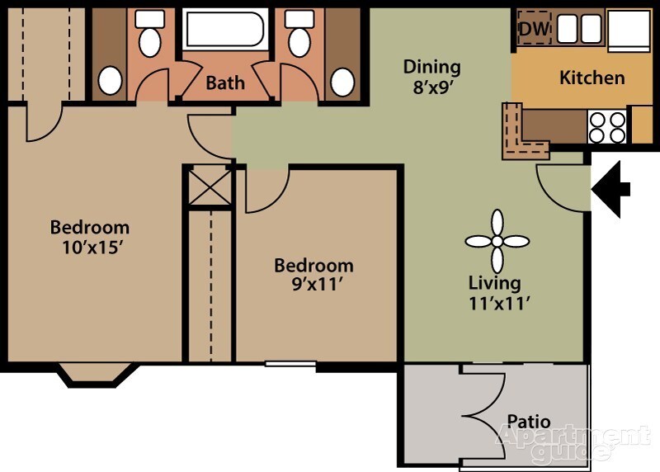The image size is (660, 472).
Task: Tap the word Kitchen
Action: pyautogui.click(x=592, y=78)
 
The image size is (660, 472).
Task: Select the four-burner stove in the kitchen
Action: pyautogui.click(x=606, y=127)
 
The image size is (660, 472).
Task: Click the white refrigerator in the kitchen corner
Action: pyautogui.click(x=632, y=30)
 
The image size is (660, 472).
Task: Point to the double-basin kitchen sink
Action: pyautogui.click(x=580, y=29)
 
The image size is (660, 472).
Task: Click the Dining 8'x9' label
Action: pyautogui.click(x=431, y=75)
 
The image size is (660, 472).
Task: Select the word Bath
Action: pyautogui.click(x=224, y=83)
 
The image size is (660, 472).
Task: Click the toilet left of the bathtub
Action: pyautogui.click(x=149, y=33)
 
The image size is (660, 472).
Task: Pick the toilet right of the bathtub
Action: pyautogui.click(x=298, y=33)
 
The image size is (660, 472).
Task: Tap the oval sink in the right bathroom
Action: pyautogui.click(x=342, y=81)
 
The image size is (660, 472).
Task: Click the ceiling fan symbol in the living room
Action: pyautogui.click(x=497, y=241)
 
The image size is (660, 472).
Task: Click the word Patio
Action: pyautogui.click(x=528, y=422)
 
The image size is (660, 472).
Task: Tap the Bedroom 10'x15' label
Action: pyautogui.click(x=90, y=236)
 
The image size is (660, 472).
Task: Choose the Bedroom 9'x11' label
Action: pyautogui.click(x=313, y=275)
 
